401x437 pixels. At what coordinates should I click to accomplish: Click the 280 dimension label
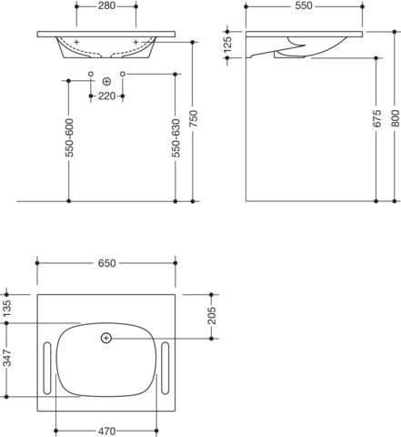tap(106, 5)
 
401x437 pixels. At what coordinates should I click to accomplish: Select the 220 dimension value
tap(106, 96)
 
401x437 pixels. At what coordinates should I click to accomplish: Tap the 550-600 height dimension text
tap(69, 137)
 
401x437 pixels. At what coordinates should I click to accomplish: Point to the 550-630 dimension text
tap(175, 138)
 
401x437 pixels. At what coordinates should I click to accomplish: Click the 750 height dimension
tap(193, 118)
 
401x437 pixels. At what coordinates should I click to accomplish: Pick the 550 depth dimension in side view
tap(304, 5)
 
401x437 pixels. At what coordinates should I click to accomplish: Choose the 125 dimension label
tap(227, 45)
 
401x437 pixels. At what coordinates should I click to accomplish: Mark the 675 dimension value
tap(376, 118)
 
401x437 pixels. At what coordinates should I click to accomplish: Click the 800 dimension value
tap(395, 118)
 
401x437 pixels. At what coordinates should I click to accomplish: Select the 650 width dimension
tap(106, 263)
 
